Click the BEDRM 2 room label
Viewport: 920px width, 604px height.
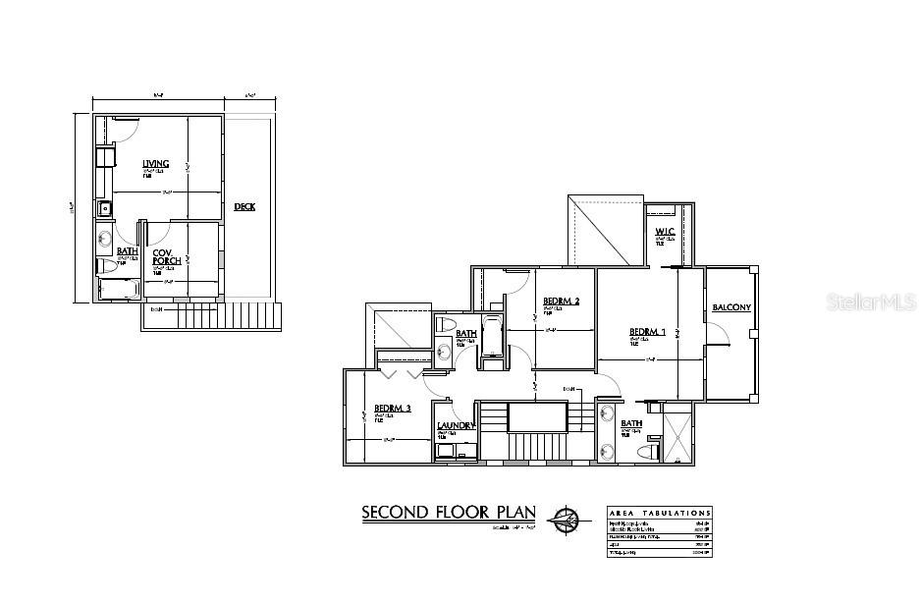click(x=561, y=301)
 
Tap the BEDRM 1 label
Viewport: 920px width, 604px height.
click(x=647, y=332)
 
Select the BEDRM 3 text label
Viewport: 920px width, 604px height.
click(x=393, y=408)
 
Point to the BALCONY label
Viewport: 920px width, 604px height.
click(x=731, y=307)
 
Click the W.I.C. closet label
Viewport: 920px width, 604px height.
click(x=665, y=233)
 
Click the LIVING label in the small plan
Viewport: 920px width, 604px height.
click(x=155, y=163)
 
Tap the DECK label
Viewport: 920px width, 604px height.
click(x=244, y=206)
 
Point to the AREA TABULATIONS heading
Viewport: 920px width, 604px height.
click(x=659, y=513)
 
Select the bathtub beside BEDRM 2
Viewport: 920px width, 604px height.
click(x=491, y=339)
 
